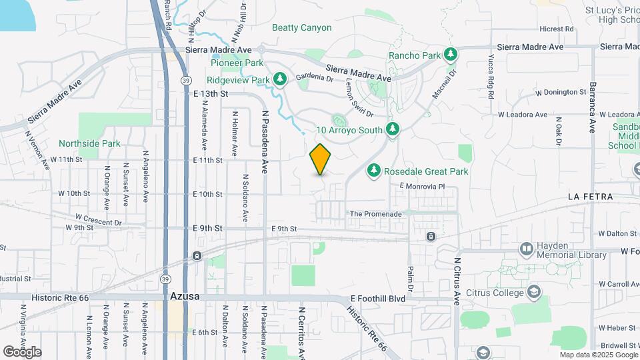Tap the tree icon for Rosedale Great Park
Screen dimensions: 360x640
[x=374, y=171]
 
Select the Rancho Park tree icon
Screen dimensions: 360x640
[x=451, y=54]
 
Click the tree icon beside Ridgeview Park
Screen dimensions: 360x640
[x=281, y=79]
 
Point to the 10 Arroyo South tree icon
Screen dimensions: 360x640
[x=393, y=129]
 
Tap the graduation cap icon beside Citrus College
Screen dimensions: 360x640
[x=533, y=291]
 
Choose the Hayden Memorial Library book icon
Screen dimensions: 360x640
[x=527, y=249]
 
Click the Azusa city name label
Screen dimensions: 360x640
[x=185, y=296]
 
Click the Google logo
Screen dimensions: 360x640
[x=22, y=352]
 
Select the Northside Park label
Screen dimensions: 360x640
[x=89, y=143]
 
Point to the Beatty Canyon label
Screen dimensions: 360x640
[x=301, y=27]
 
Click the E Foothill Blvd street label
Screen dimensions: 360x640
[x=378, y=299]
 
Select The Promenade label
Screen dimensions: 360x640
[x=376, y=214]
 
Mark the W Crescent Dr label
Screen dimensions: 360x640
[x=99, y=219]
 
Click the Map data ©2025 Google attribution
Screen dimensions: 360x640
[x=599, y=355]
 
